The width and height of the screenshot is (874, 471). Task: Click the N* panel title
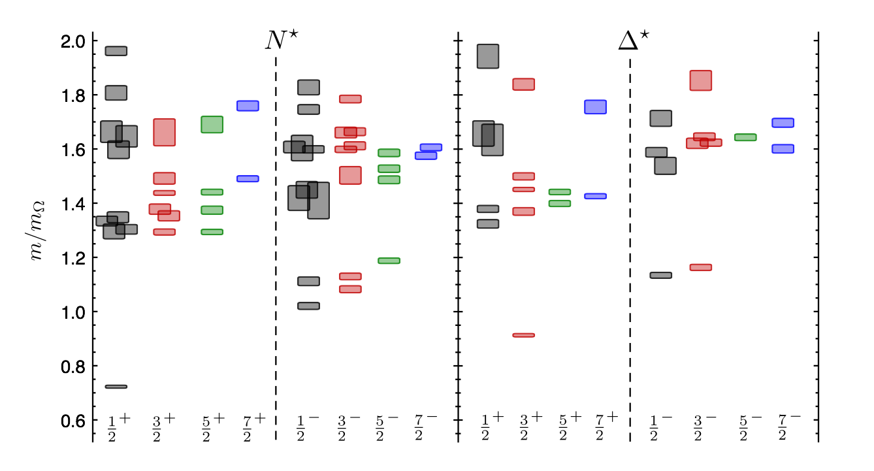pos(276,41)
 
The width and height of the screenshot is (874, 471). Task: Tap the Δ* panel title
pos(633,41)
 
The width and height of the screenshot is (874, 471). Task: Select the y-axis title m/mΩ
pos(37,230)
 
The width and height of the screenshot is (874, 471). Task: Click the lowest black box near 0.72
pos(116,387)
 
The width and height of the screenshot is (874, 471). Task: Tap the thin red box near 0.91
pos(523,335)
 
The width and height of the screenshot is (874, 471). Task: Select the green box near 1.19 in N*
pos(389,261)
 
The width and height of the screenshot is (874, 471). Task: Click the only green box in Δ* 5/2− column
pos(745,137)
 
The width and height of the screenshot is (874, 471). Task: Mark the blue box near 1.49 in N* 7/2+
pos(248,178)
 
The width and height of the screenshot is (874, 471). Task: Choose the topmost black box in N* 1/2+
pos(116,51)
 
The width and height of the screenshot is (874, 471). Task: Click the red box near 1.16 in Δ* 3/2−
pos(701,267)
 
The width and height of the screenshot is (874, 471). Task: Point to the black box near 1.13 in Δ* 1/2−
pos(660,275)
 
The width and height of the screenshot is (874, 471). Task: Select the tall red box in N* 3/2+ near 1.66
pos(164,133)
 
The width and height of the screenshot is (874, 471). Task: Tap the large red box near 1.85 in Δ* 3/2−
pos(701,80)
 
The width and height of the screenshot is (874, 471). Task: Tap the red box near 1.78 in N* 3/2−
pos(350,99)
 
